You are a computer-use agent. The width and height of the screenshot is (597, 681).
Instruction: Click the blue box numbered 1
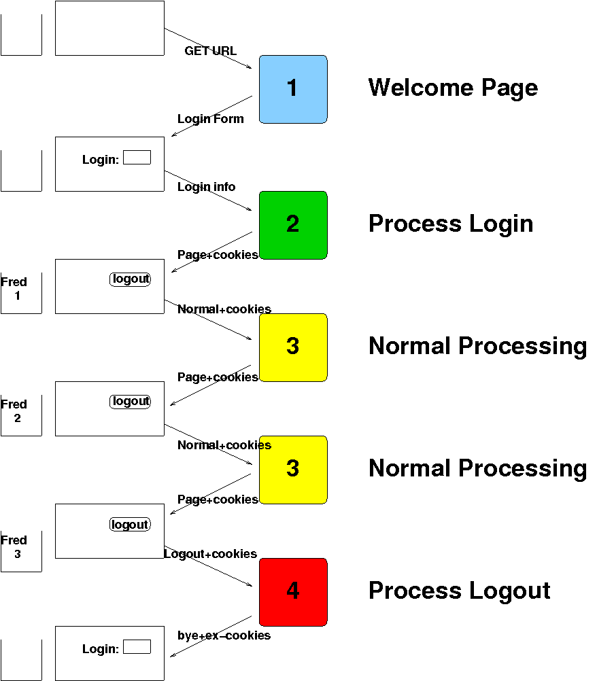pyautogui.click(x=293, y=90)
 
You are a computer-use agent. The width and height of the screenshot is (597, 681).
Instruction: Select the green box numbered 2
pyautogui.click(x=293, y=226)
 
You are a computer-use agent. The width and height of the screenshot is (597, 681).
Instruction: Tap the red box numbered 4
pyautogui.click(x=293, y=593)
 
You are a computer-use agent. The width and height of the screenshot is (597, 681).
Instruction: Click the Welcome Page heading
pyautogui.click(x=453, y=88)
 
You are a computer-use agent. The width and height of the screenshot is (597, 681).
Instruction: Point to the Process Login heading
pyautogui.click(x=451, y=224)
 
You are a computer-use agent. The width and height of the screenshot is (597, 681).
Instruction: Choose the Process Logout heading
pyautogui.click(x=460, y=591)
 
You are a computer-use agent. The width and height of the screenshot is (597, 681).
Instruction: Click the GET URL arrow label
pyautogui.click(x=211, y=51)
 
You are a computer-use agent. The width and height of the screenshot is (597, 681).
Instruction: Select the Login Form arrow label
pyautogui.click(x=211, y=119)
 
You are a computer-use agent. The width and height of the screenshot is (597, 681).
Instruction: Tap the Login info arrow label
pyautogui.click(x=207, y=187)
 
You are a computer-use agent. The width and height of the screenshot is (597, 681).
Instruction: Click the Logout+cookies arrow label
pyautogui.click(x=210, y=554)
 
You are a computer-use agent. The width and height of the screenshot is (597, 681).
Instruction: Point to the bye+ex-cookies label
pyautogui.click(x=224, y=635)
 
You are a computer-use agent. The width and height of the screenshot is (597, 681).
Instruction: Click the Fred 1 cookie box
pyautogui.click(x=21, y=293)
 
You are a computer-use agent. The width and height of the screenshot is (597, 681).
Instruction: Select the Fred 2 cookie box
pyautogui.click(x=21, y=416)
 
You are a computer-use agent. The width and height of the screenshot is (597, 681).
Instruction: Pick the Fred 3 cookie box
pyautogui.click(x=21, y=552)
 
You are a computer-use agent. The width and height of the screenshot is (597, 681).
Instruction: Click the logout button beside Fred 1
pyautogui.click(x=131, y=279)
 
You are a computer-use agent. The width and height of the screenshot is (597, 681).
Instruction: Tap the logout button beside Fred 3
pyautogui.click(x=131, y=524)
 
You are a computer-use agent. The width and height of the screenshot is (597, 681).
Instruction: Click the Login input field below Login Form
pyautogui.click(x=137, y=157)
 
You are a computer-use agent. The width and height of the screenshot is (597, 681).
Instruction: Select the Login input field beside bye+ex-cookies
pyautogui.click(x=137, y=647)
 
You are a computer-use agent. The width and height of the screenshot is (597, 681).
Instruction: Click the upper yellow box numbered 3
pyautogui.click(x=293, y=347)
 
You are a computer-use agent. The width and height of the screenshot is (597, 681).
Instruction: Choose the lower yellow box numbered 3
pyautogui.click(x=293, y=470)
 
